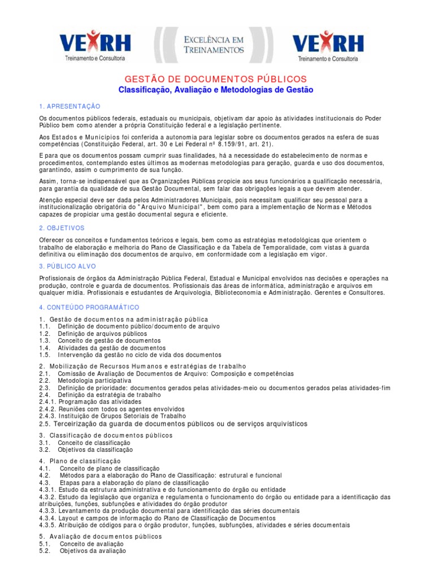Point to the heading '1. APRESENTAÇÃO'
point(70,106)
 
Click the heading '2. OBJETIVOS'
point(62,228)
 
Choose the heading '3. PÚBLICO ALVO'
point(68,266)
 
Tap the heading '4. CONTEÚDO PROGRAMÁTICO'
point(89,307)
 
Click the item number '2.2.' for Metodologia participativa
point(45,381)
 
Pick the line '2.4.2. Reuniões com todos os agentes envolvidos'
point(112,409)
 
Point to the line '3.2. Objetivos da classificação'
point(86,450)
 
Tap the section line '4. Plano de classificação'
point(80,462)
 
